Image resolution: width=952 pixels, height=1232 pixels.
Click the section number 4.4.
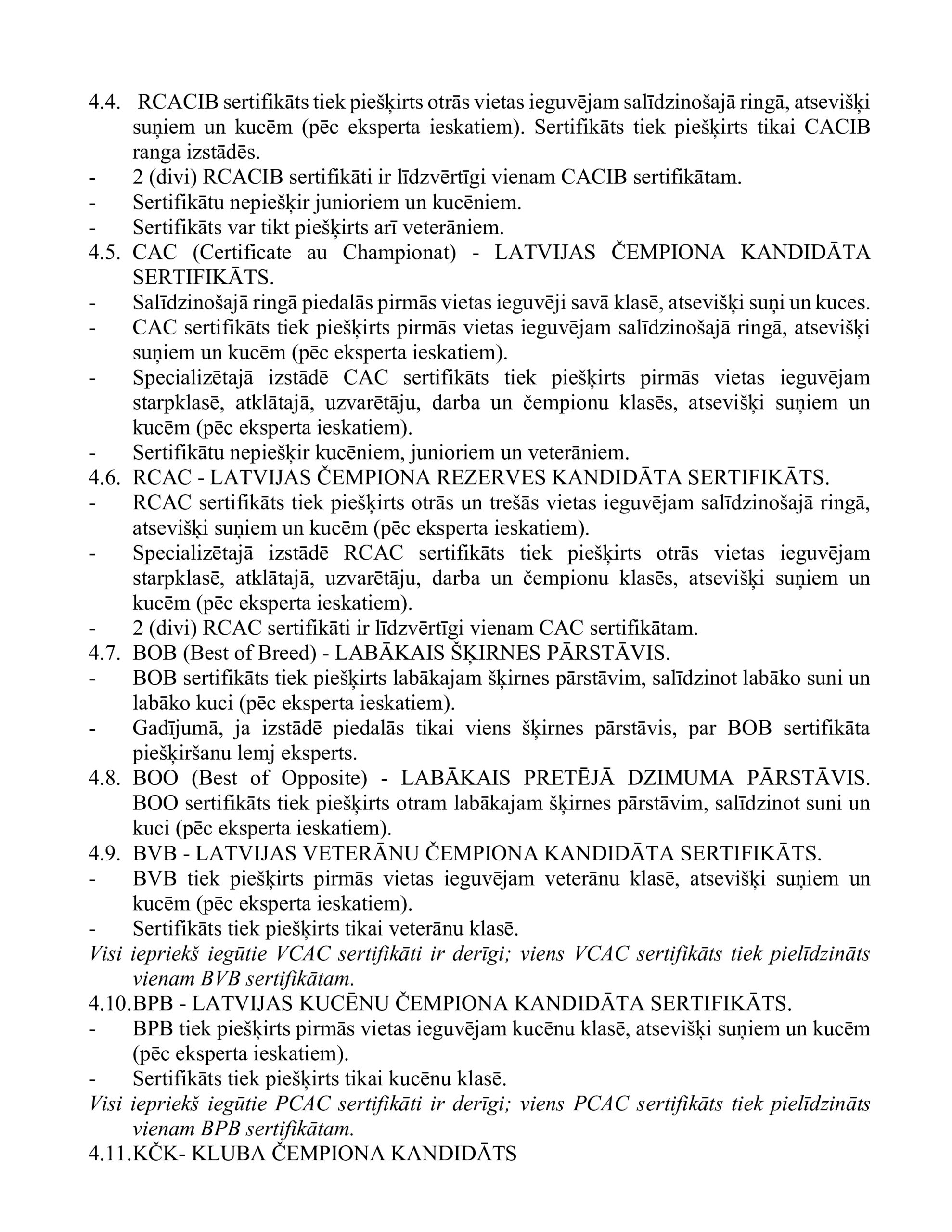pos(104,103)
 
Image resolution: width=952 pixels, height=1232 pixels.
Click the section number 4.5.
pos(104,253)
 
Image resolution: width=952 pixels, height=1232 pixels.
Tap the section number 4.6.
pos(104,478)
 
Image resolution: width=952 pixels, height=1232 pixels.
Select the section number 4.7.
pos(104,653)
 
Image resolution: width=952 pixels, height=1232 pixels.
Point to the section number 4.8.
pos(104,779)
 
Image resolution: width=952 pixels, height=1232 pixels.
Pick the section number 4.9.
pos(104,853)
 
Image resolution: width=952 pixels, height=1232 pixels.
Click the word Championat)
pos(399,253)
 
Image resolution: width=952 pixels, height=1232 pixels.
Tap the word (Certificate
pos(242,253)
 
